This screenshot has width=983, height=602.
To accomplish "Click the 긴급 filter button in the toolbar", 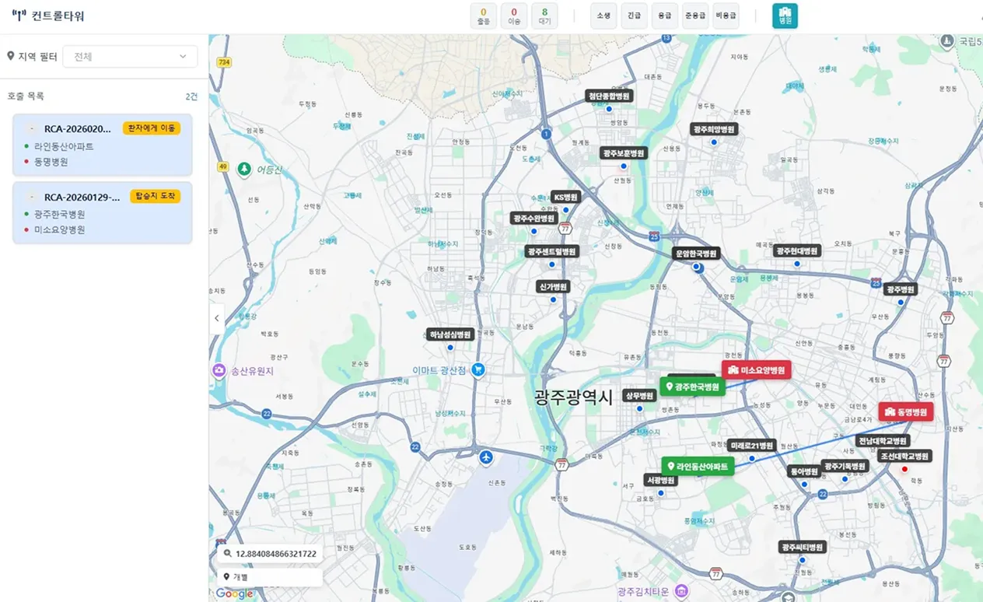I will coord(634,16).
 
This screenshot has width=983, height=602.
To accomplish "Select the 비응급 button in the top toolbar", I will coord(726,16).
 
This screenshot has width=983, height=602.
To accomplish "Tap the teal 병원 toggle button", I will coord(785,16).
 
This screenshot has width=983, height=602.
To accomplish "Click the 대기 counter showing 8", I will coord(544,16).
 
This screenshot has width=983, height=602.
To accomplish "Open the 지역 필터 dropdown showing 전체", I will coord(130,57).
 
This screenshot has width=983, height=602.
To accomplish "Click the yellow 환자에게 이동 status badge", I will coord(152,128).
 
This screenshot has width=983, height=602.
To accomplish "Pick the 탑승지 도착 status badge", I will coord(156,196).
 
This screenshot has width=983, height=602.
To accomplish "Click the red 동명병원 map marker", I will coord(906,412).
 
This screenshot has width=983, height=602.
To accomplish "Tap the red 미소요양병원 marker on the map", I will coord(757,369).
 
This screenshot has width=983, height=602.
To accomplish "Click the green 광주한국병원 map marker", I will coord(692,387).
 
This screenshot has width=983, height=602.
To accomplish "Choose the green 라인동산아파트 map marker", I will coord(697,467).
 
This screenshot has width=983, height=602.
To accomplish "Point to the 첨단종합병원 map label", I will coord(610,96).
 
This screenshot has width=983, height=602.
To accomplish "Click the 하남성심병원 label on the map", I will coord(450,334).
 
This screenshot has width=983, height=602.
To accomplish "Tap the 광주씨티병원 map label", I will coord(802,547).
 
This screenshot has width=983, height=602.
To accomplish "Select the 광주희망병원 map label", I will coord(714,129).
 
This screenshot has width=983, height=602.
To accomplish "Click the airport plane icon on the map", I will coord(487,456).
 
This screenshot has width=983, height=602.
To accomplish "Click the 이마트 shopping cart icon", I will coord(479,370).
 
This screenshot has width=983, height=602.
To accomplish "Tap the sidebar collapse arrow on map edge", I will coord(217,318).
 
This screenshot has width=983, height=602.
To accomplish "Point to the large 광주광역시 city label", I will coord(574,396).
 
